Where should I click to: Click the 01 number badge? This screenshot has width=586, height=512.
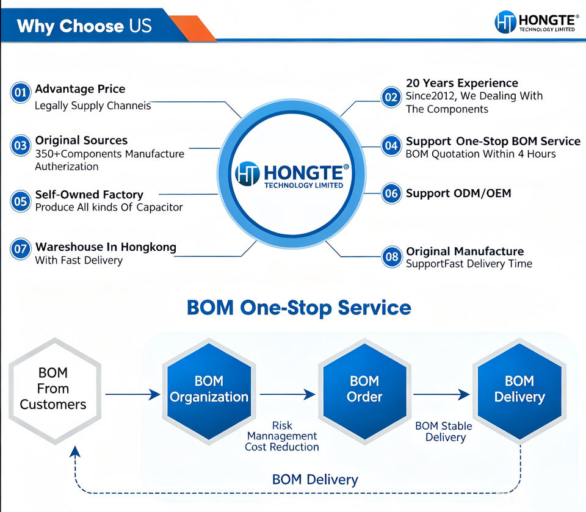tap(20, 92)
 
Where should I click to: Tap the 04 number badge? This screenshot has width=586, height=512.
tap(391, 146)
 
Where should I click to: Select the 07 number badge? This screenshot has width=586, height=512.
tap(20, 248)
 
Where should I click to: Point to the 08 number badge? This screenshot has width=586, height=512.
tap(392, 257)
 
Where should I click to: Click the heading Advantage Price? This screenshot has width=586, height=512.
tap(80, 89)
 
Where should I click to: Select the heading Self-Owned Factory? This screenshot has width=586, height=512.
tap(89, 194)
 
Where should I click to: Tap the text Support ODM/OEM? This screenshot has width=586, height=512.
tap(458, 193)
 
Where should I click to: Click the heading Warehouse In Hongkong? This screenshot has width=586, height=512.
tap(106, 247)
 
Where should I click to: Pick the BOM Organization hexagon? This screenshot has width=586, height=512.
tap(209, 391)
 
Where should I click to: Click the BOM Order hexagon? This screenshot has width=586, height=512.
tap(364, 391)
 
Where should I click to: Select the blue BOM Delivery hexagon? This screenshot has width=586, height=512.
tap(519, 391)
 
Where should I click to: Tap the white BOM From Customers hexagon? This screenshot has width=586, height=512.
tap(54, 391)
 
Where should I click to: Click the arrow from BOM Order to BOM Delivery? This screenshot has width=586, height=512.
tap(441, 394)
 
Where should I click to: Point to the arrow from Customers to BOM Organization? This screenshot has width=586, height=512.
tap(132, 394)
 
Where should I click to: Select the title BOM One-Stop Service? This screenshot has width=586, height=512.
tap(299, 308)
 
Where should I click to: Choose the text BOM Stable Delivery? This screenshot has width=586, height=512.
tap(444, 431)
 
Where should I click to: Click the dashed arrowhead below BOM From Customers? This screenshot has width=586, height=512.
tap(75, 451)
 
